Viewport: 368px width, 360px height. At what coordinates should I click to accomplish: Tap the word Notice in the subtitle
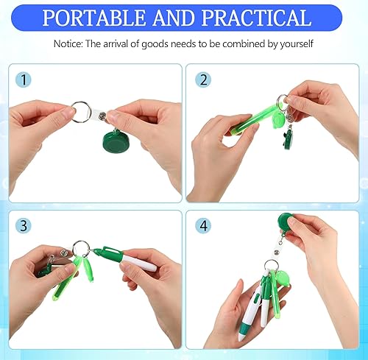pos(68,44)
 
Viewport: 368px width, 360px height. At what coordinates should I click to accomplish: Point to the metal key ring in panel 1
pos(83,114)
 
